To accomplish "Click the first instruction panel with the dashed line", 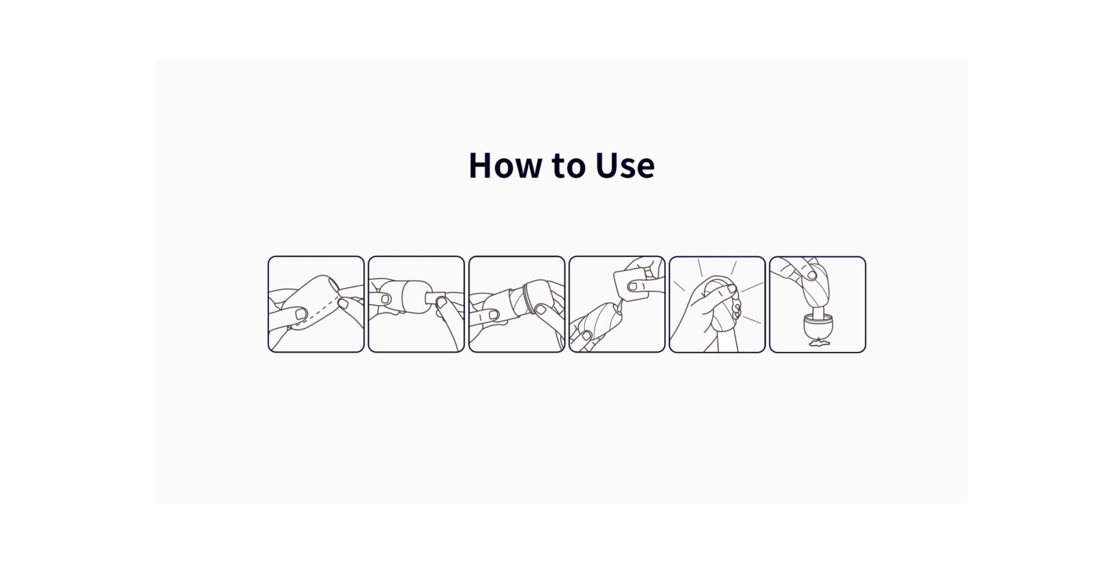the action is pos(316,305).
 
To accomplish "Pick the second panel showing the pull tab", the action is pos(416,305).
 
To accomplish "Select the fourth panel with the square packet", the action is pos(617,305).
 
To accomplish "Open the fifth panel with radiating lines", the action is pos(717,305).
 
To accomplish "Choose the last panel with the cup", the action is pos(818,305).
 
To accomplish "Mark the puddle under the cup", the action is pos(818,344).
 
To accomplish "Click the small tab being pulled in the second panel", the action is pos(436,299).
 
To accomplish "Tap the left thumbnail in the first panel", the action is pos(301,314).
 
